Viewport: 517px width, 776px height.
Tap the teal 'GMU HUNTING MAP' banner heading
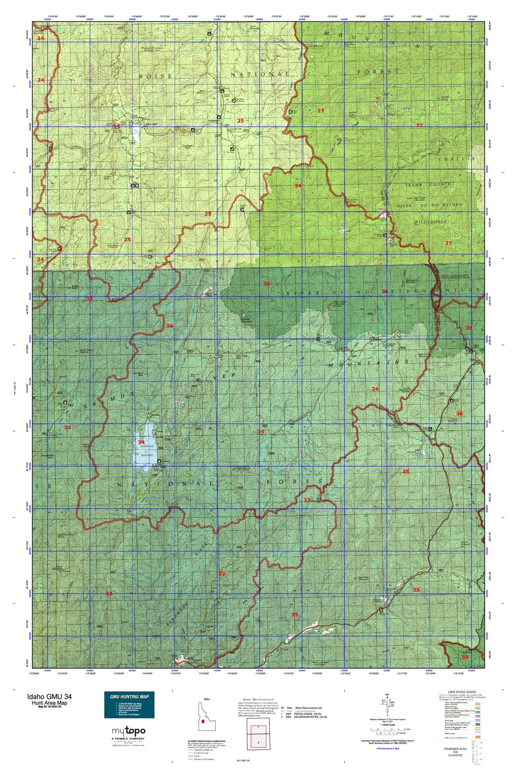(129, 696)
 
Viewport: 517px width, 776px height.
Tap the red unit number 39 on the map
(465, 658)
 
